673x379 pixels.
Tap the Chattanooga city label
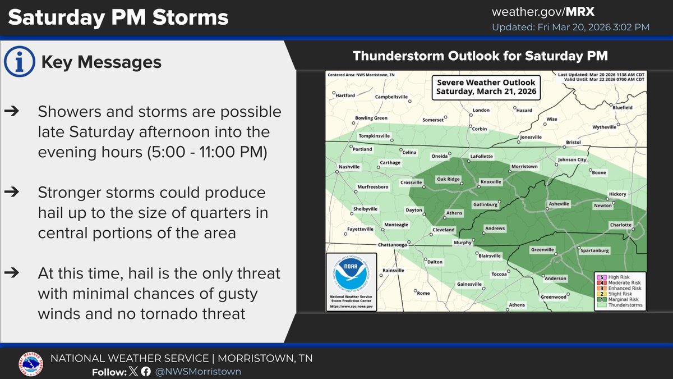(391, 245)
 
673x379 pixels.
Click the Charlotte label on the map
(620, 225)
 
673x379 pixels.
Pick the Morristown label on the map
(524, 167)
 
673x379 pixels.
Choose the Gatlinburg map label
(485, 205)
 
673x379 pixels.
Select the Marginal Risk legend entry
(620, 299)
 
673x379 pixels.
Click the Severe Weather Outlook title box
(486, 87)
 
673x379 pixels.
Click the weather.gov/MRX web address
(570, 12)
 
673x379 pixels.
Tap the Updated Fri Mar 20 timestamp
(570, 28)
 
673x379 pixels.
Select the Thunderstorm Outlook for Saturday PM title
(480, 57)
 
